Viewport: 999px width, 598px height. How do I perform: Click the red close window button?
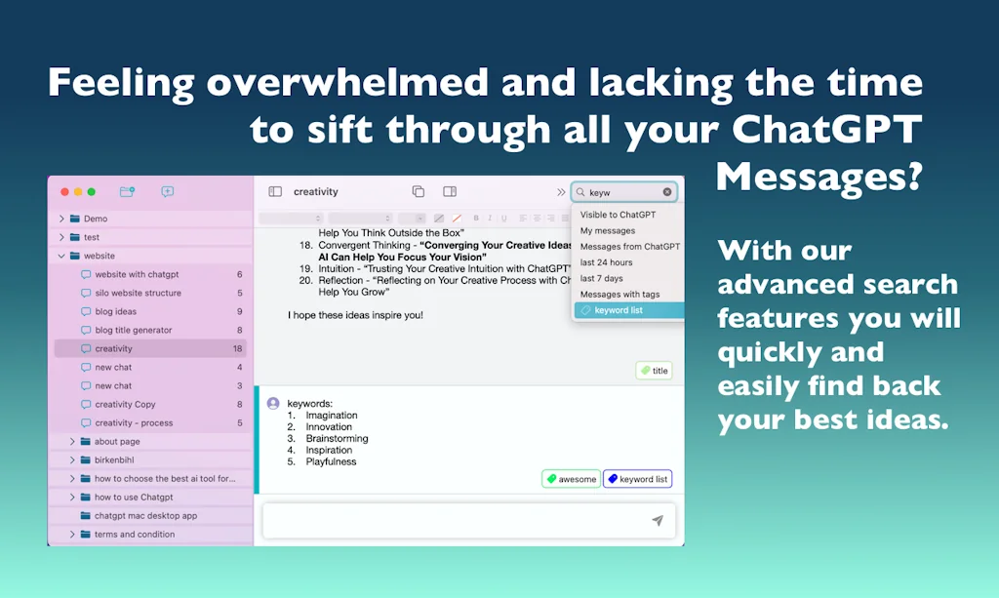pos(65,192)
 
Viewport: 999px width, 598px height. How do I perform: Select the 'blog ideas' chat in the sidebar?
pos(115,311)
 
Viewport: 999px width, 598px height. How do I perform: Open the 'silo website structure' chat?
pos(138,293)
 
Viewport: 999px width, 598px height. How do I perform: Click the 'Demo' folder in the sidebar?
pos(95,219)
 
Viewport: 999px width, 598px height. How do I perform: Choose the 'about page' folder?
pos(116,442)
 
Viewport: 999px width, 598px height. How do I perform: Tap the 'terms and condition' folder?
pos(134,535)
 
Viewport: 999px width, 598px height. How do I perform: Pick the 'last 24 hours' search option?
pos(606,262)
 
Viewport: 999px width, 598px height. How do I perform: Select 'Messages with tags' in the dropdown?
pos(619,294)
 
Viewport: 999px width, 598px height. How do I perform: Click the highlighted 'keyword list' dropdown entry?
pos(619,310)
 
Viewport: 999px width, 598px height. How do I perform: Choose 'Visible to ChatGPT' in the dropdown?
pos(618,215)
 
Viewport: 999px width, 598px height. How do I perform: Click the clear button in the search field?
pos(667,192)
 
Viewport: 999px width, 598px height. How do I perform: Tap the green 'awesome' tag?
pos(571,479)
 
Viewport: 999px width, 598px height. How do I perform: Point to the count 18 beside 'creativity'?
pos(237,348)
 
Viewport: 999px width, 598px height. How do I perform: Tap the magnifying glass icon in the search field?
pos(580,192)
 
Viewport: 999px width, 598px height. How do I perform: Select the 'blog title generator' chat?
pos(133,330)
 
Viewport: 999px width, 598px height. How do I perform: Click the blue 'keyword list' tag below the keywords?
pos(637,479)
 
